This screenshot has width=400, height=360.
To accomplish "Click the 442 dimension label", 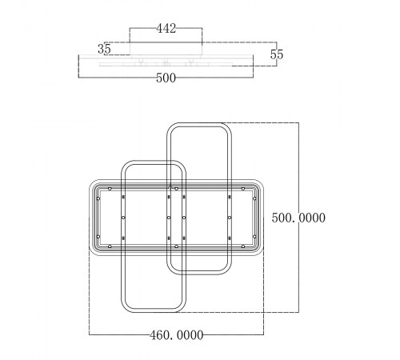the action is [166, 28].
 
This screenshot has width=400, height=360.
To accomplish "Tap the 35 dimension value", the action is [104, 49].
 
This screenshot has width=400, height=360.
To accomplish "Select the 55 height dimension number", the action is [276, 54].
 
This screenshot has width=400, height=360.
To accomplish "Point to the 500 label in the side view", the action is [166, 78].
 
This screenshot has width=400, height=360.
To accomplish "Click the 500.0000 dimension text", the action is [298, 218].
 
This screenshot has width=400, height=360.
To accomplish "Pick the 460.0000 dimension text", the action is [177, 335].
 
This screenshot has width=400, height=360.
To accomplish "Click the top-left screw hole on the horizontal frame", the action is [110, 189].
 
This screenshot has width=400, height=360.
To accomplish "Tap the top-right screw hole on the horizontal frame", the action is [243, 189].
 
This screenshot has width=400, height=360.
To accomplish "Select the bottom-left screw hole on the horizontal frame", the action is [110, 246].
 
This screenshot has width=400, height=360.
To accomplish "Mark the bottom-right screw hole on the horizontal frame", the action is [243, 246].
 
